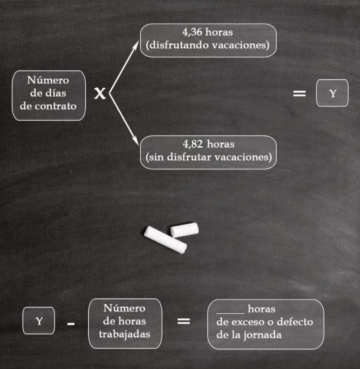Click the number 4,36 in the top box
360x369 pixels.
click(x=192, y=32)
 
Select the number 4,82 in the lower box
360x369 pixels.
click(x=193, y=144)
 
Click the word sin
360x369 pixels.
click(x=156, y=157)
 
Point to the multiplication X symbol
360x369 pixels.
click(x=100, y=94)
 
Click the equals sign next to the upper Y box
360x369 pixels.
click(x=299, y=94)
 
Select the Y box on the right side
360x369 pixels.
click(x=332, y=93)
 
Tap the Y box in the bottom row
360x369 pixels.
click(x=39, y=321)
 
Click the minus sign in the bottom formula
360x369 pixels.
click(x=71, y=324)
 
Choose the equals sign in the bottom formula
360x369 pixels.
click(x=184, y=321)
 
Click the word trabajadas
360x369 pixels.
click(x=124, y=334)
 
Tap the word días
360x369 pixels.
click(x=56, y=93)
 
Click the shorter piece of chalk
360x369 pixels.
click(x=185, y=230)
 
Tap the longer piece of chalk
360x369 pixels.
click(x=165, y=240)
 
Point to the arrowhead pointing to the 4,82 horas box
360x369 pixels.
click(x=136, y=141)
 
